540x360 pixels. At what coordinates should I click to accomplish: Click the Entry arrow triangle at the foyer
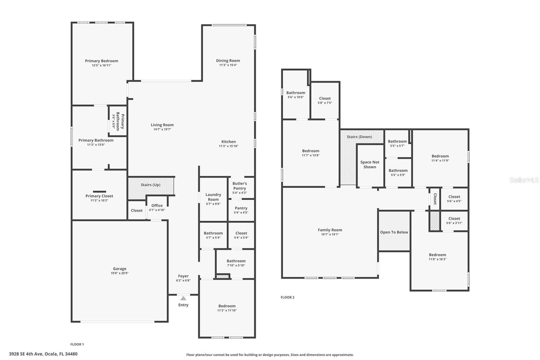pyautogui.click(x=183, y=298)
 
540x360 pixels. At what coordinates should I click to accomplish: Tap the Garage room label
pyautogui.click(x=119, y=269)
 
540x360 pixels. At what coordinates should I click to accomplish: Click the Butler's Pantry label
pyautogui.click(x=240, y=186)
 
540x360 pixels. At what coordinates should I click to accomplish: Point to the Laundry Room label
pyautogui.click(x=213, y=197)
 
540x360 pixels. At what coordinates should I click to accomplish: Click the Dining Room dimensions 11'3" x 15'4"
pyautogui.click(x=228, y=65)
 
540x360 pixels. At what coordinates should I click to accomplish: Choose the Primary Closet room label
pyautogui.click(x=99, y=196)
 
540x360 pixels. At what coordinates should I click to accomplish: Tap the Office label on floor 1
pyautogui.click(x=157, y=205)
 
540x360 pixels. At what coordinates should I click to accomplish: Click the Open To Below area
pyautogui.click(x=394, y=232)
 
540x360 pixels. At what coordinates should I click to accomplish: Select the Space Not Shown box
pyautogui.click(x=370, y=164)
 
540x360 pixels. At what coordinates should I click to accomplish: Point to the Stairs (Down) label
pyautogui.click(x=359, y=137)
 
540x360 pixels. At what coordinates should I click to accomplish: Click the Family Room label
pyautogui.click(x=330, y=230)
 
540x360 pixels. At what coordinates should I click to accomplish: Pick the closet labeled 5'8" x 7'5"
pyautogui.click(x=325, y=100)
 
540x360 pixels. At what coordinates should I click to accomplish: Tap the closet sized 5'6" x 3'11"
pyautogui.click(x=454, y=221)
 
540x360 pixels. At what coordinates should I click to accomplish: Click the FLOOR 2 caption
pyautogui.click(x=288, y=297)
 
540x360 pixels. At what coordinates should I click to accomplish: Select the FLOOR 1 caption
pyautogui.click(x=77, y=344)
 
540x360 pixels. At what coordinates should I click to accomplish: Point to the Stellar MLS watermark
pyautogui.click(x=524, y=180)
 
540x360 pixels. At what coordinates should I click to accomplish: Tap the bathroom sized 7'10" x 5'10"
pyautogui.click(x=236, y=263)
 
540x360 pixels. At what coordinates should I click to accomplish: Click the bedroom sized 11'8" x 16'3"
pyautogui.click(x=437, y=257)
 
